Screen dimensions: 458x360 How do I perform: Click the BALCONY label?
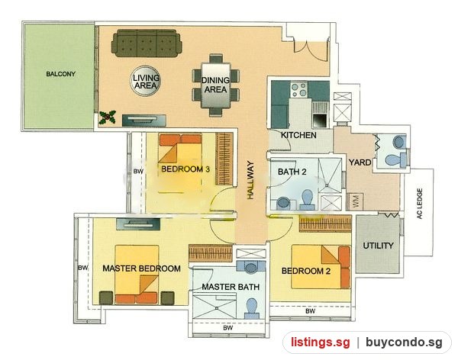[x=61, y=74]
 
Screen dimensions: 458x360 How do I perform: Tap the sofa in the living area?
[x=147, y=43]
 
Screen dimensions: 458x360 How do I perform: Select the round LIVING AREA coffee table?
[x=146, y=81]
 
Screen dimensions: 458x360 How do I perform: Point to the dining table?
[x=216, y=85]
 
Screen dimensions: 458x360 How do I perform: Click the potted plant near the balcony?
[x=107, y=117]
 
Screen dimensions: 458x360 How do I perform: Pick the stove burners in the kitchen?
[x=299, y=90]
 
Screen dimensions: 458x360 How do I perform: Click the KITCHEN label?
[x=298, y=135]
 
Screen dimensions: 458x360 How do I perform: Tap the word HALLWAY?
[x=250, y=180]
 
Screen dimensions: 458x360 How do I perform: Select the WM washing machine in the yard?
[x=355, y=201]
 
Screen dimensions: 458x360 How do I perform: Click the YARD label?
[x=360, y=162]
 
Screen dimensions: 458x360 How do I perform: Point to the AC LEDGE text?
[x=420, y=204]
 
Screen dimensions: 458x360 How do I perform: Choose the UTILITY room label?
[x=378, y=246]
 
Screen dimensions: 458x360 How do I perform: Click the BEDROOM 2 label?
[x=306, y=271]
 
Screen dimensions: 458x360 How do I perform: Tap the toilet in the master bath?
[x=251, y=307]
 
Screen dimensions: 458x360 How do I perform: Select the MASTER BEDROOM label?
[x=141, y=268]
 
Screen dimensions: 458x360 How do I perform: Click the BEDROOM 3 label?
[x=185, y=169]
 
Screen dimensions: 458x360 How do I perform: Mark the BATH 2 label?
[x=292, y=172]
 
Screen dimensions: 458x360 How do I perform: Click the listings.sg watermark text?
[x=320, y=342]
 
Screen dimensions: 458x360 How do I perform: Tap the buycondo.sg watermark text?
[x=404, y=342]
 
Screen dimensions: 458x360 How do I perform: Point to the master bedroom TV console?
[x=138, y=224]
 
